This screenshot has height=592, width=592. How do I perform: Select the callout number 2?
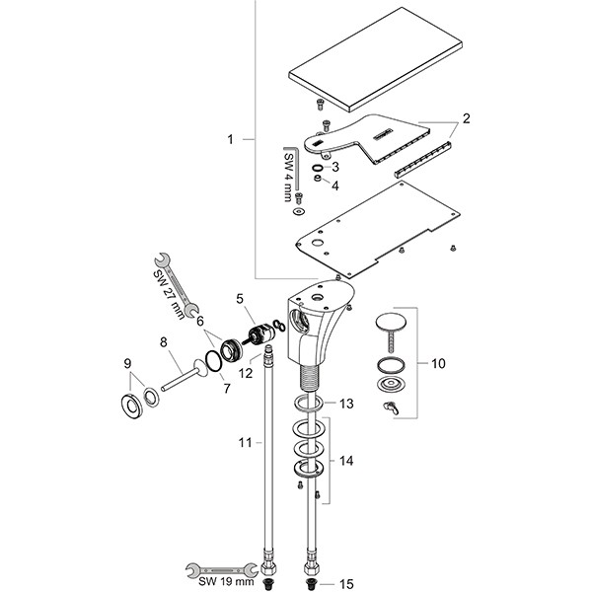tap(465, 118)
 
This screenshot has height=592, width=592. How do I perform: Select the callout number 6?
tap(200, 321)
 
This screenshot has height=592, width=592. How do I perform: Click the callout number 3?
tap(335, 167)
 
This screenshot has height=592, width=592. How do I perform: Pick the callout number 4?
tap(335, 185)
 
